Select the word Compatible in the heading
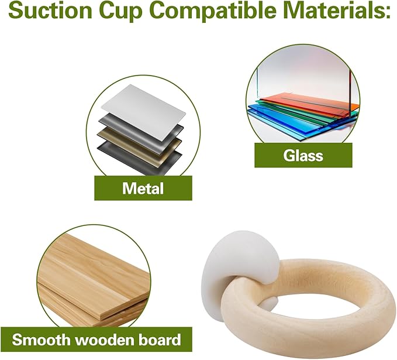[x=214, y=11]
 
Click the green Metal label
[x=143, y=188]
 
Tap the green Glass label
[x=303, y=155]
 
